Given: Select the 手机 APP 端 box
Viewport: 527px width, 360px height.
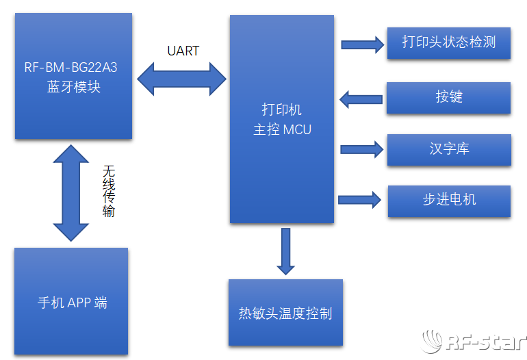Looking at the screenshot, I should point(71,302).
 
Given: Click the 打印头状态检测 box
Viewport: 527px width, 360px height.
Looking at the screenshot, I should point(448,42).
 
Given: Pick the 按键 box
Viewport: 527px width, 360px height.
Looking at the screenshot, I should point(448,97).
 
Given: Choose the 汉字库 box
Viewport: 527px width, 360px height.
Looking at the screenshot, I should point(448,149).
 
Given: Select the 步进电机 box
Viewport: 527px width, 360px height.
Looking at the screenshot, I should point(448,201).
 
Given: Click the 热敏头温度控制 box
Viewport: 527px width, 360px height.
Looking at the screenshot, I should point(285,313).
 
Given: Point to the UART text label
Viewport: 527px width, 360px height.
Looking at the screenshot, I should point(183,51).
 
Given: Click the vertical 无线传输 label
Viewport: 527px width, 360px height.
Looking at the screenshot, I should point(109,191).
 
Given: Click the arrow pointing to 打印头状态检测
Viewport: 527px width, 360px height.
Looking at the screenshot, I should point(362,44).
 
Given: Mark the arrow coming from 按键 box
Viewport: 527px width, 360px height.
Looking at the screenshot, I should point(361,99).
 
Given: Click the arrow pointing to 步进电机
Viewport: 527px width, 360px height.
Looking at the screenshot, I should point(359,200).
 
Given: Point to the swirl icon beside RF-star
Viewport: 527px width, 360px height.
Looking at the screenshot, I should point(433,342).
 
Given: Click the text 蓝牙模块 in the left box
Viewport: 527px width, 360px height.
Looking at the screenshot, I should point(74,88).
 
